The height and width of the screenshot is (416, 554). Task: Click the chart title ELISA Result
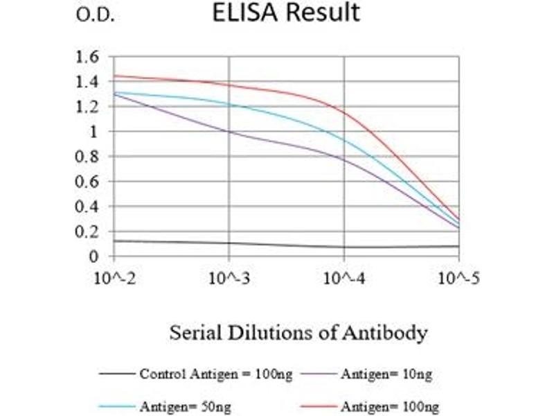click(286, 13)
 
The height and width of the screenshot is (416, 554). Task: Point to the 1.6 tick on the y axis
click(88, 56)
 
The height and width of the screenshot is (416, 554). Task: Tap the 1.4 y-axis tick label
click(88, 81)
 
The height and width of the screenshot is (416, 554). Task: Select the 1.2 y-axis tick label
click(88, 106)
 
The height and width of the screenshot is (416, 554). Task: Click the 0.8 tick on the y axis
click(88, 156)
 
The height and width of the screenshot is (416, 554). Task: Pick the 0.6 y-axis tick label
click(88, 181)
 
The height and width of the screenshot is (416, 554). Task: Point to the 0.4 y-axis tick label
click(88, 206)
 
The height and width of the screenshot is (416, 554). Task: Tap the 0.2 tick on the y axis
click(88, 231)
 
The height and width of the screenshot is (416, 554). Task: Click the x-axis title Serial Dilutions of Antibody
click(298, 333)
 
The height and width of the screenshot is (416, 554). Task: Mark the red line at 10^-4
click(344, 112)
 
